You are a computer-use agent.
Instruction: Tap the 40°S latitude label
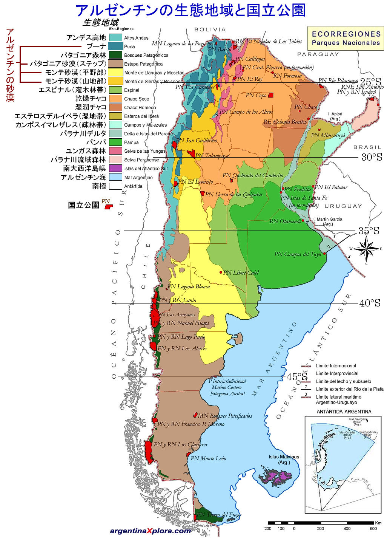tap(369, 303)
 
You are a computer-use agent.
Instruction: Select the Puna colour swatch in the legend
tap(115, 46)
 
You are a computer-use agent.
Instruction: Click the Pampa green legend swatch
tap(115, 142)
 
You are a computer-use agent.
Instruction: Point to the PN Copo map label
tap(256, 95)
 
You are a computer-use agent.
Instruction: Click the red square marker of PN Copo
tap(270, 95)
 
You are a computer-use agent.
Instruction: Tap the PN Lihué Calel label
tap(241, 272)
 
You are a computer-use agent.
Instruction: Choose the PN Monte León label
tap(208, 458)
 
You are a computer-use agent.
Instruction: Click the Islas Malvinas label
tap(284, 459)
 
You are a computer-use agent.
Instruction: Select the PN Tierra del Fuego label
tap(219, 514)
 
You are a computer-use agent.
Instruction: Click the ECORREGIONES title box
tap(346, 38)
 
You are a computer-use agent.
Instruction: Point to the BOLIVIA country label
tap(210, 29)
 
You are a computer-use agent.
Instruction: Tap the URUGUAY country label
tap(343, 206)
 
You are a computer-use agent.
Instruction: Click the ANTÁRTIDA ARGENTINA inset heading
tap(344, 412)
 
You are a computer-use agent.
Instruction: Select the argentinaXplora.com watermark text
tap(150, 531)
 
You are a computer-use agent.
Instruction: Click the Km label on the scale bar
tap(378, 523)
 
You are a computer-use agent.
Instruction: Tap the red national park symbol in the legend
tap(109, 207)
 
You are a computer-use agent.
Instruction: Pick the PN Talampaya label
tap(212, 156)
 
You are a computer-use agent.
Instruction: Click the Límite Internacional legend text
tap(336, 366)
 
